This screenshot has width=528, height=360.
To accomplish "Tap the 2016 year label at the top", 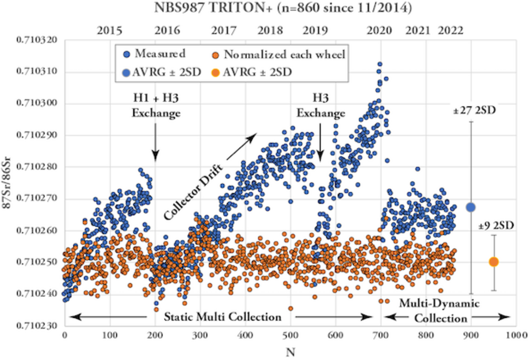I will tap(167, 31).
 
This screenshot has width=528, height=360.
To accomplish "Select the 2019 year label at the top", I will tap(315, 31).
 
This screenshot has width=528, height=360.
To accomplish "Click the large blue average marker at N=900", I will tap(471, 207).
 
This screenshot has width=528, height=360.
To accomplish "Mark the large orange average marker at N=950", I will tap(494, 262).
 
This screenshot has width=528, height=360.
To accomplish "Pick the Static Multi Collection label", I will tap(223, 317).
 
